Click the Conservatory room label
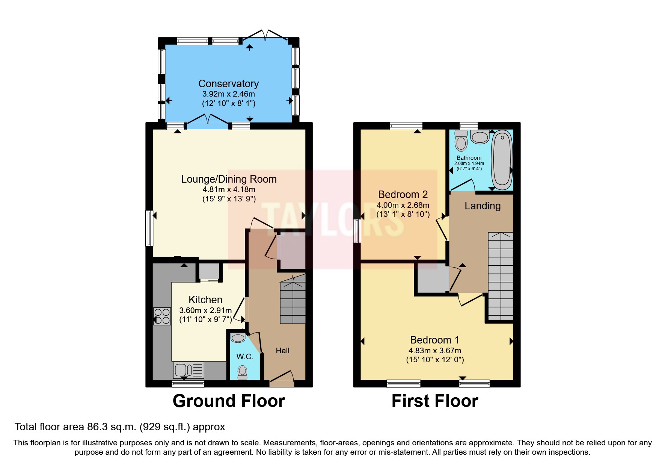click(x=228, y=83)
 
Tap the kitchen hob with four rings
click(x=162, y=316)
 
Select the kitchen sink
click(x=188, y=370)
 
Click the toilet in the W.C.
click(x=243, y=372)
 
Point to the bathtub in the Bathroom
click(x=502, y=160)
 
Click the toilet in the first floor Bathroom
click(x=461, y=141)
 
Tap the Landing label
click(x=483, y=206)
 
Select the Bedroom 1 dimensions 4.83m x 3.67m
click(x=435, y=351)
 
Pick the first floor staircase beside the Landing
click(x=501, y=276)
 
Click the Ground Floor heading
click(x=229, y=401)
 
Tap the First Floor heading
click(x=435, y=401)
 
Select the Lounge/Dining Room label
click(x=229, y=179)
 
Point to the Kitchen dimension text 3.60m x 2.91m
click(x=205, y=310)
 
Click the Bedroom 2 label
click(x=403, y=195)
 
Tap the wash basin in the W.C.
click(x=238, y=338)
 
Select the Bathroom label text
click(x=469, y=158)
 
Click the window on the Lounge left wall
click(x=149, y=228)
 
